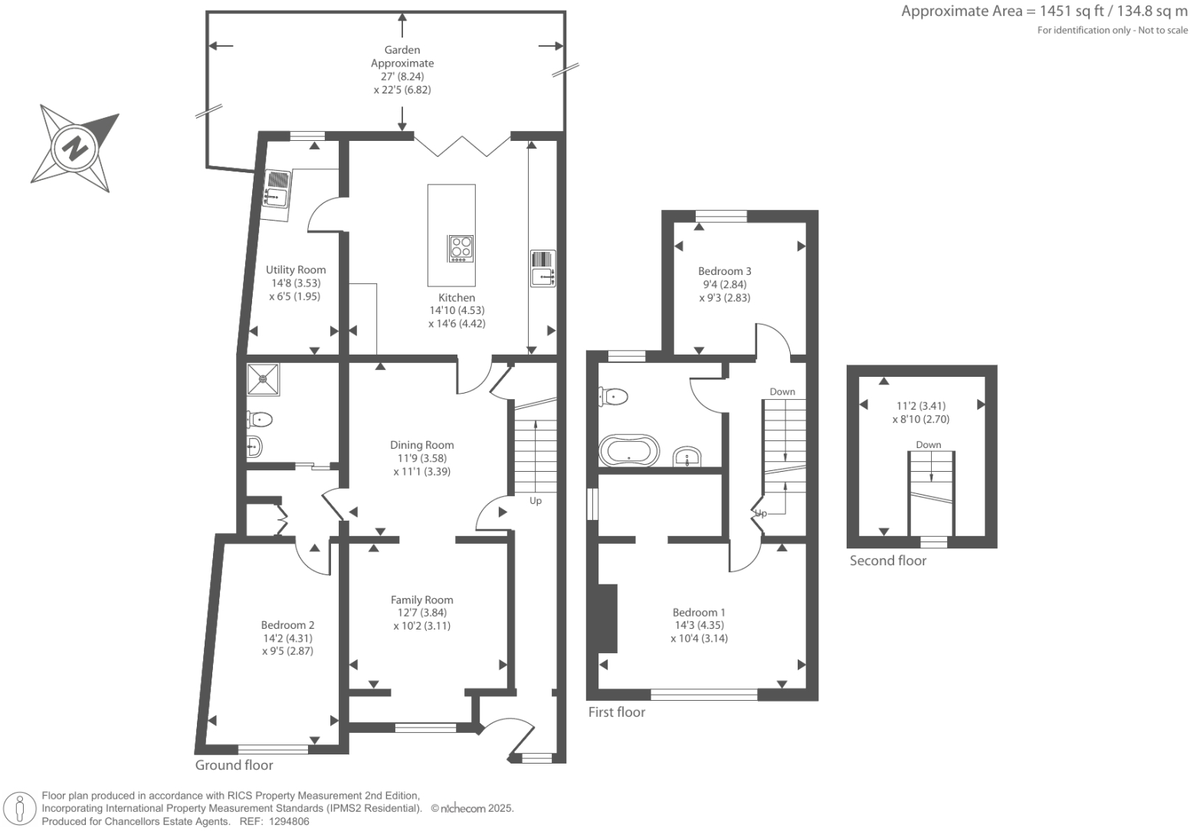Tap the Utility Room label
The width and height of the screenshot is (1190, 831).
pyautogui.click(x=296, y=270)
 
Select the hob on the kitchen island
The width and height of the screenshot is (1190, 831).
pyautogui.click(x=461, y=247)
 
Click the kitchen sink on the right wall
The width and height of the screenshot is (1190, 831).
pyautogui.click(x=543, y=268)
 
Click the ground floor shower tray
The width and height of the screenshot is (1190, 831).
pyautogui.click(x=264, y=378)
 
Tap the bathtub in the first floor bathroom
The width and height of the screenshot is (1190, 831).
pyautogui.click(x=629, y=451)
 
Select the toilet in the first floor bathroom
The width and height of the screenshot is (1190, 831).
pyautogui.click(x=614, y=396)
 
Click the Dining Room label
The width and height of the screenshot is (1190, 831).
pyautogui.click(x=421, y=445)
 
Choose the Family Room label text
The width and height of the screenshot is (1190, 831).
pyautogui.click(x=421, y=600)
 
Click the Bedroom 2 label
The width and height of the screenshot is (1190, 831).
pyautogui.click(x=287, y=625)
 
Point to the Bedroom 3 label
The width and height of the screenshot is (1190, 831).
pyautogui.click(x=724, y=271)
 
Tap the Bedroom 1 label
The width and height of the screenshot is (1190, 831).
pyautogui.click(x=699, y=612)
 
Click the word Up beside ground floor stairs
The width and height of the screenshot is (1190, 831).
pyautogui.click(x=536, y=501)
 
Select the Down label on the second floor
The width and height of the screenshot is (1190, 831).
pyautogui.click(x=928, y=445)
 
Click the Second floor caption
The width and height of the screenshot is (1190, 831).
pyautogui.click(x=888, y=561)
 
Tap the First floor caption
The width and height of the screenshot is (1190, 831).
pyautogui.click(x=617, y=712)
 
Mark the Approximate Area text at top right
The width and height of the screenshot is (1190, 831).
pyautogui.click(x=1044, y=11)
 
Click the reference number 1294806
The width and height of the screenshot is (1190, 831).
pyautogui.click(x=289, y=821)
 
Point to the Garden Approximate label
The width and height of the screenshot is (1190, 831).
pyautogui.click(x=402, y=57)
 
